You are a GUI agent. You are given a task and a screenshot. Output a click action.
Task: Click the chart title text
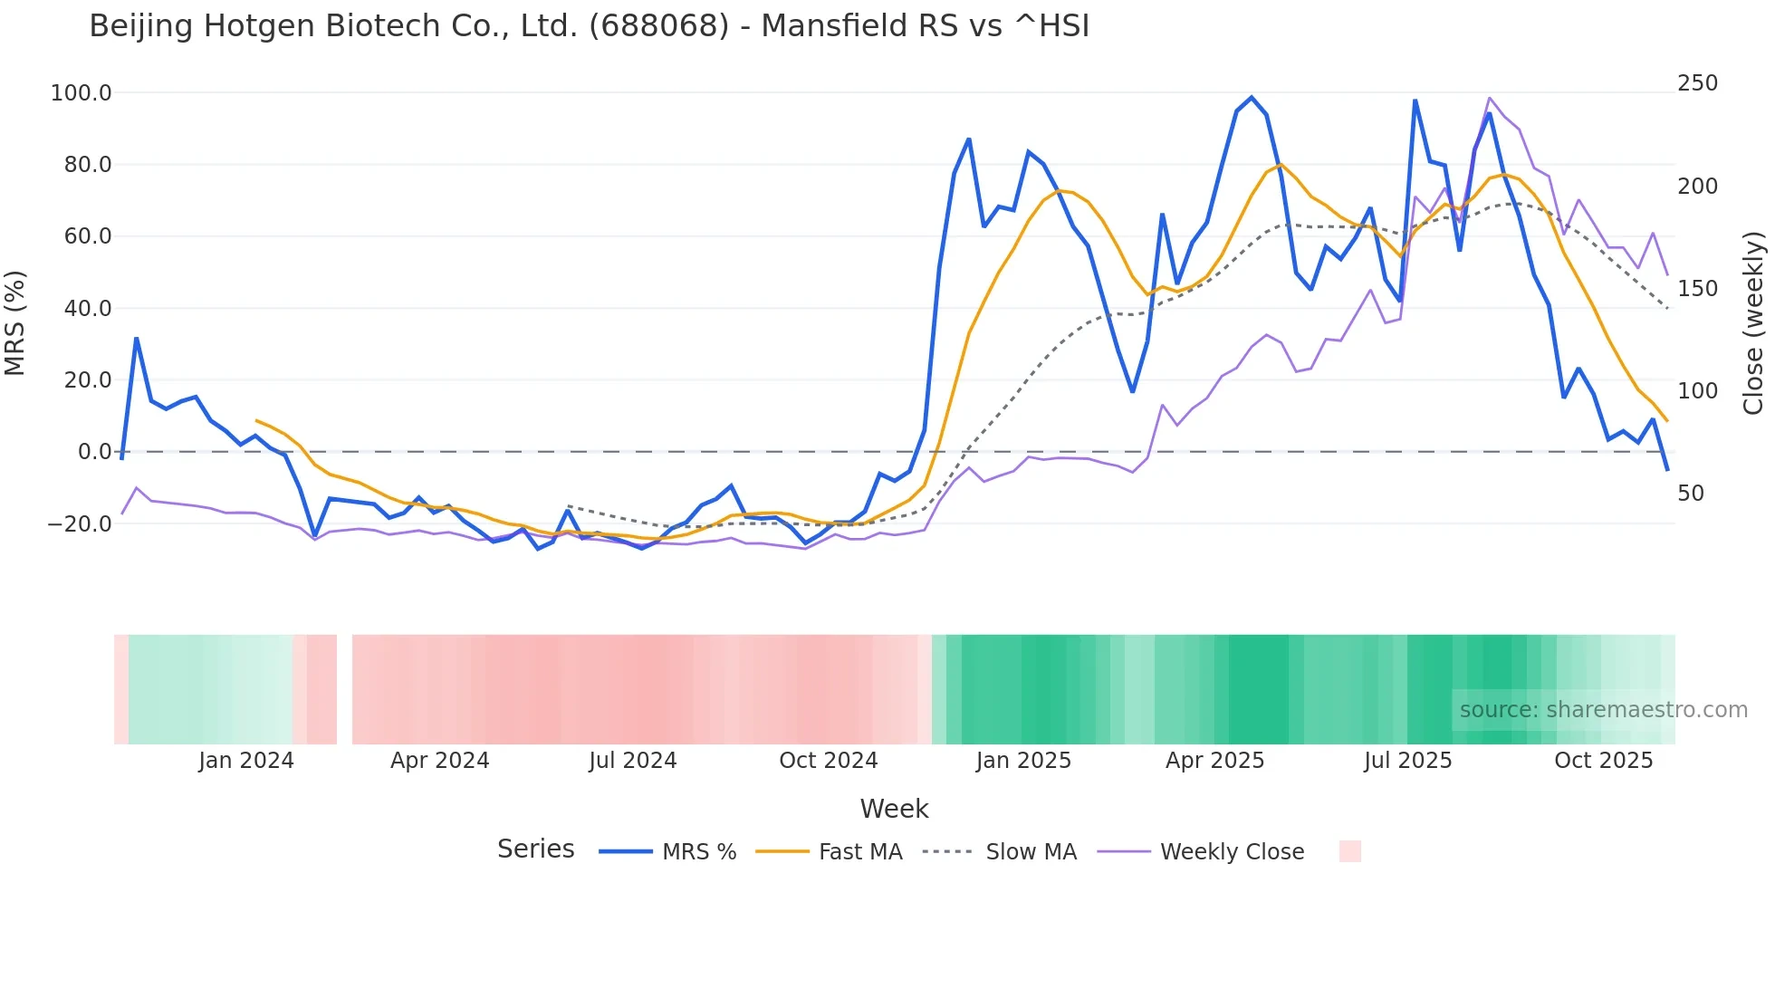(589, 26)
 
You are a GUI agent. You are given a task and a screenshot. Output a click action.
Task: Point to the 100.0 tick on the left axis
(82, 93)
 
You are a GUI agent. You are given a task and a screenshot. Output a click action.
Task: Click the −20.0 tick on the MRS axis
(80, 524)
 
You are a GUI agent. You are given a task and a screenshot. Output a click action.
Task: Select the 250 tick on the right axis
(1697, 83)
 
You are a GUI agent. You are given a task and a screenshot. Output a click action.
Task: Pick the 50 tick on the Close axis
(1690, 494)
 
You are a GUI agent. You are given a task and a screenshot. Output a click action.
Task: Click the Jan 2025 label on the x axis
(1023, 761)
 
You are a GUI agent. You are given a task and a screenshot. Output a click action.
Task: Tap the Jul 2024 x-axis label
(632, 761)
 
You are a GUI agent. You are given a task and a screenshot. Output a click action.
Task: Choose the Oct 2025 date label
(1603, 761)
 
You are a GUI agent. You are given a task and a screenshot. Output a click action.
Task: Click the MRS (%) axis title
(15, 323)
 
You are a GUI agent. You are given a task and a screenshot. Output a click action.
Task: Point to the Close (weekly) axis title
(1753, 323)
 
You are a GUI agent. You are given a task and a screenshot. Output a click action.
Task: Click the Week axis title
(894, 809)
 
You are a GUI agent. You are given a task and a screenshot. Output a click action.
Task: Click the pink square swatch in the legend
(1349, 851)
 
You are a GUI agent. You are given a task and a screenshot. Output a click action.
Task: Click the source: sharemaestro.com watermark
(1603, 710)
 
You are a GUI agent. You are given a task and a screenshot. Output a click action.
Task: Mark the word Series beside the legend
(535, 849)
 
